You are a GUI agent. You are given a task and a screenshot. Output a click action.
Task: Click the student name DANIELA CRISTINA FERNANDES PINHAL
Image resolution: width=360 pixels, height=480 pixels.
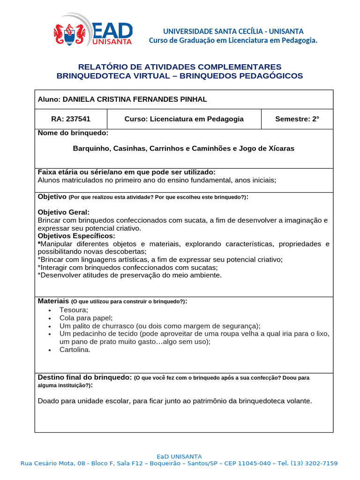pos(135,99)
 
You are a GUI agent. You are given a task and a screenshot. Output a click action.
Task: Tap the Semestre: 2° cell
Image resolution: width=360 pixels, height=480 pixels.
pos(297,119)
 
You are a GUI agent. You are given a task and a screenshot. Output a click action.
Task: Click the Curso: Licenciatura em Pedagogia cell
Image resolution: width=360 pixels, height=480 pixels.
pos(184,119)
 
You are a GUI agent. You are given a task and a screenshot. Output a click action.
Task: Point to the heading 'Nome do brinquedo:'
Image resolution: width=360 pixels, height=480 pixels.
pos(73,134)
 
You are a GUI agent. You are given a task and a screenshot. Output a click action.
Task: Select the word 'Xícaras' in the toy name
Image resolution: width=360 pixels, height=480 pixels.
pos(281,149)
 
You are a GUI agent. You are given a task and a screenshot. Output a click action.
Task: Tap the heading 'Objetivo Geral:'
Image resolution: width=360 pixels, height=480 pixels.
pos(63,212)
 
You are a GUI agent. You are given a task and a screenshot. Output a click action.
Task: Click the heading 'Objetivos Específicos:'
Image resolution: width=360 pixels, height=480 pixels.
pos(76,236)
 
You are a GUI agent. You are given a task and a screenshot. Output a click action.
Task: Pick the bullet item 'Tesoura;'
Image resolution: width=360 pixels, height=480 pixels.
pos(74,310)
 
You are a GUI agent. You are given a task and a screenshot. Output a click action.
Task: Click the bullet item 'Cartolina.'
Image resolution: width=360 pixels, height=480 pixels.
pos(75,350)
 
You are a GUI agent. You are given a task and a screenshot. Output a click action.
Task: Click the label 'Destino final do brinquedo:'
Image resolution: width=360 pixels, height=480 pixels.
pos(84,377)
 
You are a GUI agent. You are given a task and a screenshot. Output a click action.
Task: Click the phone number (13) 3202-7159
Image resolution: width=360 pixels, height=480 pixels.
pos(314,463)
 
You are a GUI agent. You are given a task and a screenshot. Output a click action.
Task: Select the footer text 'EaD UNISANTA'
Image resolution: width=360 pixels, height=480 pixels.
pos(179,456)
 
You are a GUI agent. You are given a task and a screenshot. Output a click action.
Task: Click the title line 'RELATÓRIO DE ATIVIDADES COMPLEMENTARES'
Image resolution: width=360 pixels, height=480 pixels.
pos(180,67)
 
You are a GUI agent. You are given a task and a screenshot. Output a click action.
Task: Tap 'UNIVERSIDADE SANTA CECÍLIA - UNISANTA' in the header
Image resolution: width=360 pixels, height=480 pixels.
pos(233,31)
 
